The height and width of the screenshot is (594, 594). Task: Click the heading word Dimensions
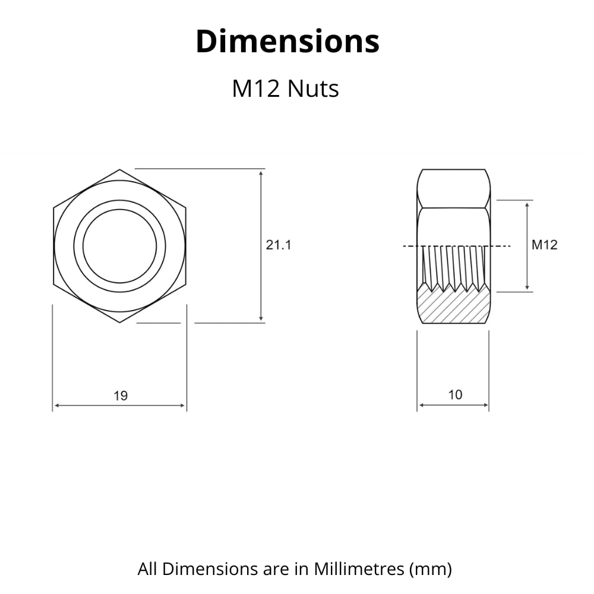pyautogui.click(x=287, y=42)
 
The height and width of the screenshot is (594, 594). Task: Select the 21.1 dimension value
pyautogui.click(x=279, y=245)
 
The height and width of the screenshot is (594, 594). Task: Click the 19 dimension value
pyautogui.click(x=121, y=396)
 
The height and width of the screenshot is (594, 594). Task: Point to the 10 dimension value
pyautogui.click(x=456, y=395)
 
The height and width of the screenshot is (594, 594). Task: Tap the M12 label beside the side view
pyautogui.click(x=544, y=245)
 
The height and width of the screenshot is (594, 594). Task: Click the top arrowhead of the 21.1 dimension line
pyautogui.click(x=261, y=173)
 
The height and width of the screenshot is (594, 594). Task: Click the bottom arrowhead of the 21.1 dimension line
pyautogui.click(x=261, y=318)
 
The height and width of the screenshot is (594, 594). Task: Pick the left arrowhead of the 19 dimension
pyautogui.click(x=57, y=405)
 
